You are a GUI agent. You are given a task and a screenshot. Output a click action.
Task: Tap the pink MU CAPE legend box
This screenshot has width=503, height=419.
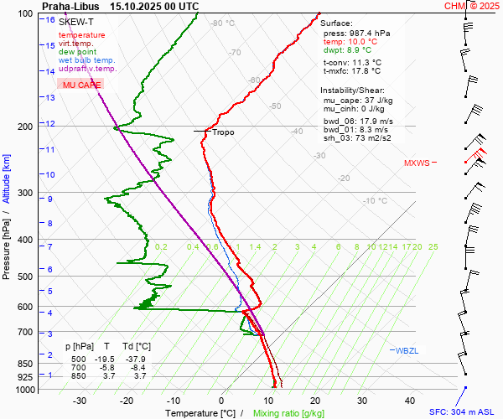coord(80,85)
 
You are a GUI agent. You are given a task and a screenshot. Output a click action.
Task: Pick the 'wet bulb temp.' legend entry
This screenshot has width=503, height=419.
coord(87,60)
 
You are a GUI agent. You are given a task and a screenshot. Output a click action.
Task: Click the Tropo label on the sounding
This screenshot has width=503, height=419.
coord(223,132)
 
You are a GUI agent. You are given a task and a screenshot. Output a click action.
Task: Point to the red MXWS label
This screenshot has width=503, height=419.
coord(417,163)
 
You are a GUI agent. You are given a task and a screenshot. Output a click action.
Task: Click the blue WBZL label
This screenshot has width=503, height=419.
coord(406,350)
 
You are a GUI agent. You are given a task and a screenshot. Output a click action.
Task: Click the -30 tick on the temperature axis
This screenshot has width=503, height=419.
coord(80,401)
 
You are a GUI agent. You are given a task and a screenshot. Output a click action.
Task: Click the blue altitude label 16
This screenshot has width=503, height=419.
coord(50,19)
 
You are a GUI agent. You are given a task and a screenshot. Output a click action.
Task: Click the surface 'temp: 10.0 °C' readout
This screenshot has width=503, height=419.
coord(350,41)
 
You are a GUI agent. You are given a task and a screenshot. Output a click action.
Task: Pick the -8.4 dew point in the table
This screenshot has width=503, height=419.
coord(139,367)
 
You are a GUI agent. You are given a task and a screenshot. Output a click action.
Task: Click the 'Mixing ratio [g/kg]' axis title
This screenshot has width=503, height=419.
coord(289,413)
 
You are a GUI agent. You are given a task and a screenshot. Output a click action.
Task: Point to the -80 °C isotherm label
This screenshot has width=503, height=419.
coord(223,23)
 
